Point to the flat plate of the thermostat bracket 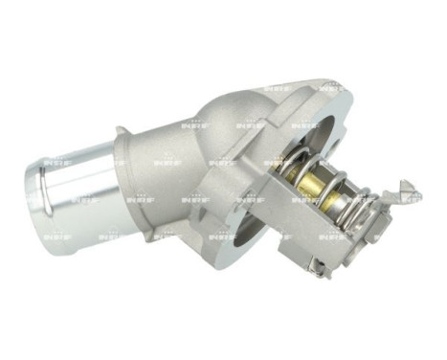click(x=325, y=230)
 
